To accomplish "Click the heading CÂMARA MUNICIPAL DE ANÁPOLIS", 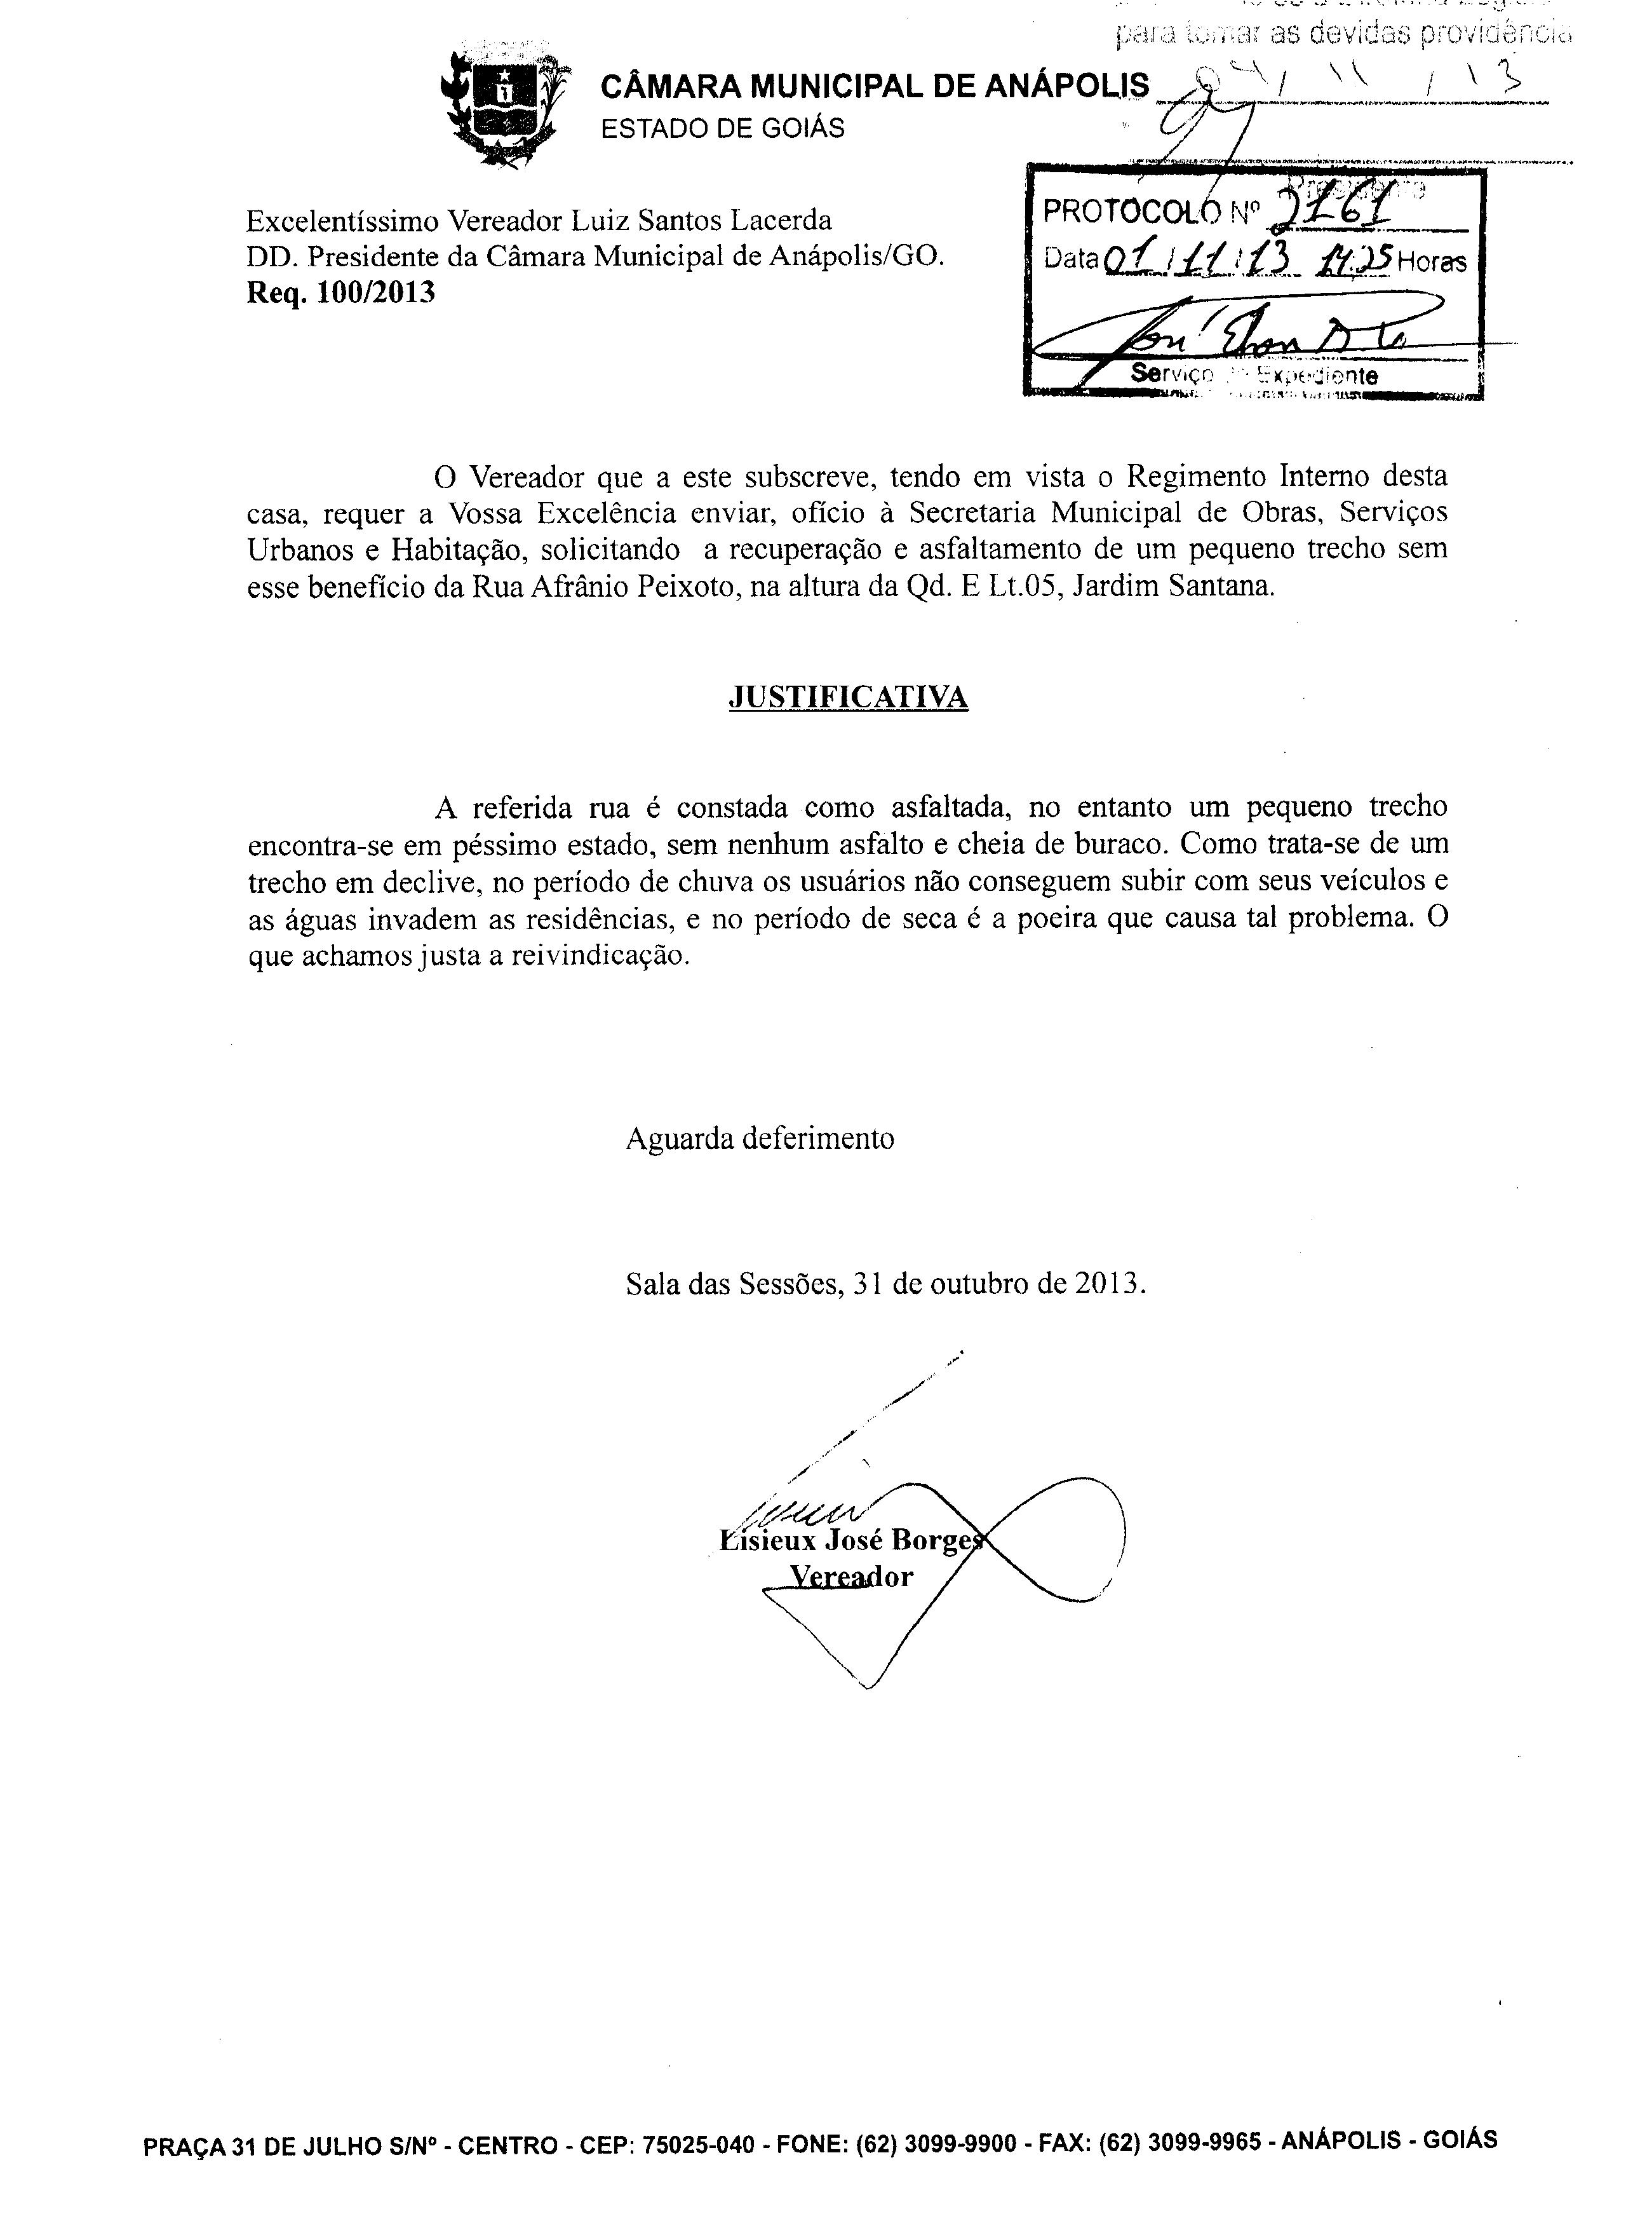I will pos(874,86).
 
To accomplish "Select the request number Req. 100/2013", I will pos(340,294).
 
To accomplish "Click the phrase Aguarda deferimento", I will pos(760,1139).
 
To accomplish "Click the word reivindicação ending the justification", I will pos(598,956).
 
